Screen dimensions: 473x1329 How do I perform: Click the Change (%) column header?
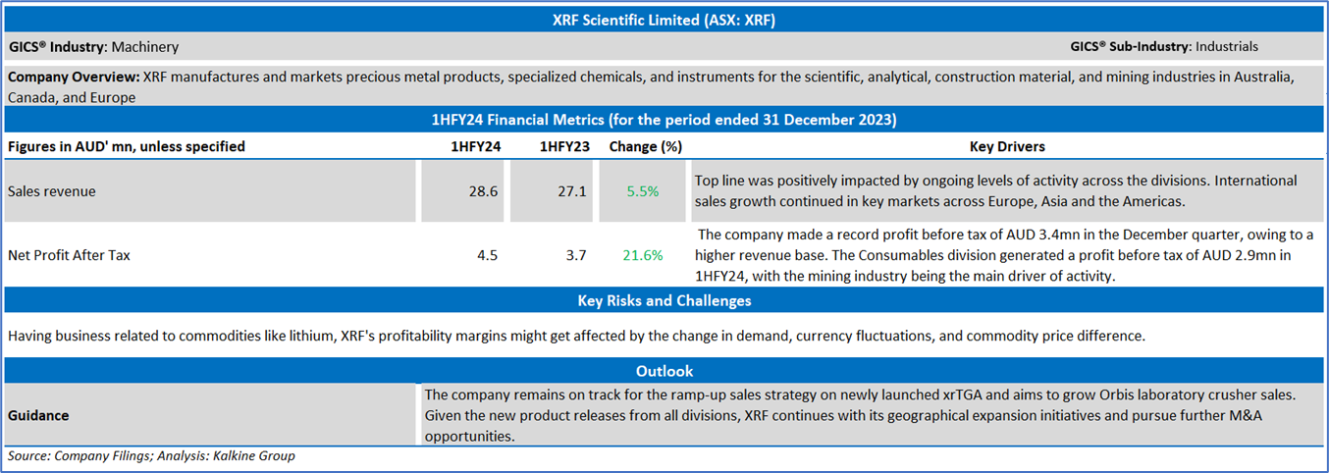pyautogui.click(x=645, y=147)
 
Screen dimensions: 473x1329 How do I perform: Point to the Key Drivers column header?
pyautogui.click(x=1007, y=147)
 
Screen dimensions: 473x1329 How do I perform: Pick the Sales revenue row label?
pyautogui.click(x=51, y=191)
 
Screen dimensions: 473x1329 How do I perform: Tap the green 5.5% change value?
pyautogui.click(x=643, y=191)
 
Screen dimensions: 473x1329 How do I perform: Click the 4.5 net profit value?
pyautogui.click(x=487, y=255)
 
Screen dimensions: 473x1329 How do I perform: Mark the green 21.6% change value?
pyautogui.click(x=643, y=255)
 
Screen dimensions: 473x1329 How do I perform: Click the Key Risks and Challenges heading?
pyautogui.click(x=664, y=301)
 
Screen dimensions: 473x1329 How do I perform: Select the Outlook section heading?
pyautogui.click(x=664, y=371)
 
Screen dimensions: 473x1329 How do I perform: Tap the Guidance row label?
pyautogui.click(x=38, y=415)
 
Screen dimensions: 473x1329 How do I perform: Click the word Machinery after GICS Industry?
pyautogui.click(x=145, y=46)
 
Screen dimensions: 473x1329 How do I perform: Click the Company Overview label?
pyautogui.click(x=73, y=76)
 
